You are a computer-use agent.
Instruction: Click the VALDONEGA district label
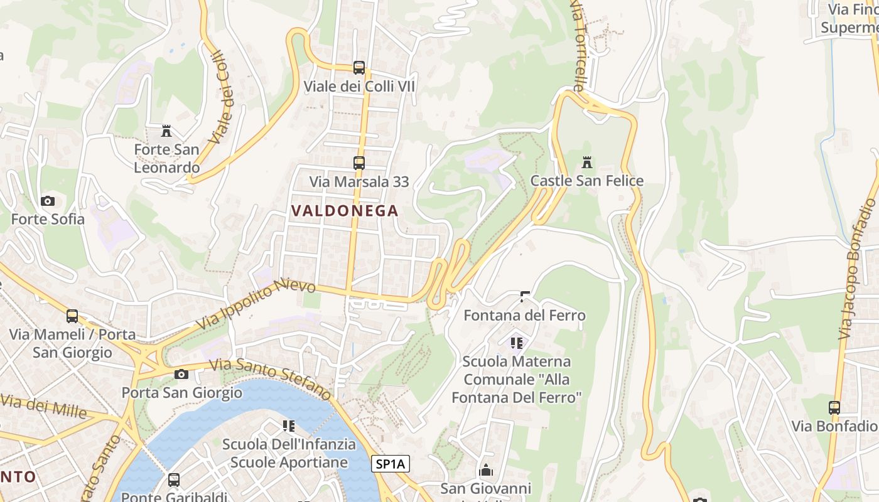coord(345,211)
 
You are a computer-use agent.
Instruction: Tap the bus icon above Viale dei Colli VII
coord(359,67)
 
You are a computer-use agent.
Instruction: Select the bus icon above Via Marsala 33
coord(359,163)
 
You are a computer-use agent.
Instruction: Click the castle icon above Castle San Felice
coord(587,163)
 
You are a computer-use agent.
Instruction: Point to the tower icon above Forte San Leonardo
coord(166,131)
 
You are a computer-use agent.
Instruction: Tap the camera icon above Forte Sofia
coord(48,201)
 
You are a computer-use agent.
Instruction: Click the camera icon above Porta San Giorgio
coord(181,375)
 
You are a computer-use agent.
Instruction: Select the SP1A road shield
coord(391,464)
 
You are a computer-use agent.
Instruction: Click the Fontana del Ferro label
coord(524,315)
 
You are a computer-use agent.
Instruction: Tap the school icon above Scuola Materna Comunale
coord(517,343)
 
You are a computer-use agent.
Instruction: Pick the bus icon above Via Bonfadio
coord(834,408)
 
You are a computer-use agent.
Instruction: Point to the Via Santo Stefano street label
coord(270,379)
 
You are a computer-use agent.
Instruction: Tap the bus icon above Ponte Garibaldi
coord(174,480)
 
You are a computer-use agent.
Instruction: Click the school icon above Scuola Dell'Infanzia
coord(289,426)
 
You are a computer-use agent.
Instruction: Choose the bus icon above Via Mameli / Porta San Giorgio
coord(72,316)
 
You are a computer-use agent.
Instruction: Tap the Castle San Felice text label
coord(587,181)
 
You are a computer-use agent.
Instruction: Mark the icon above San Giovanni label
coord(486,470)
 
